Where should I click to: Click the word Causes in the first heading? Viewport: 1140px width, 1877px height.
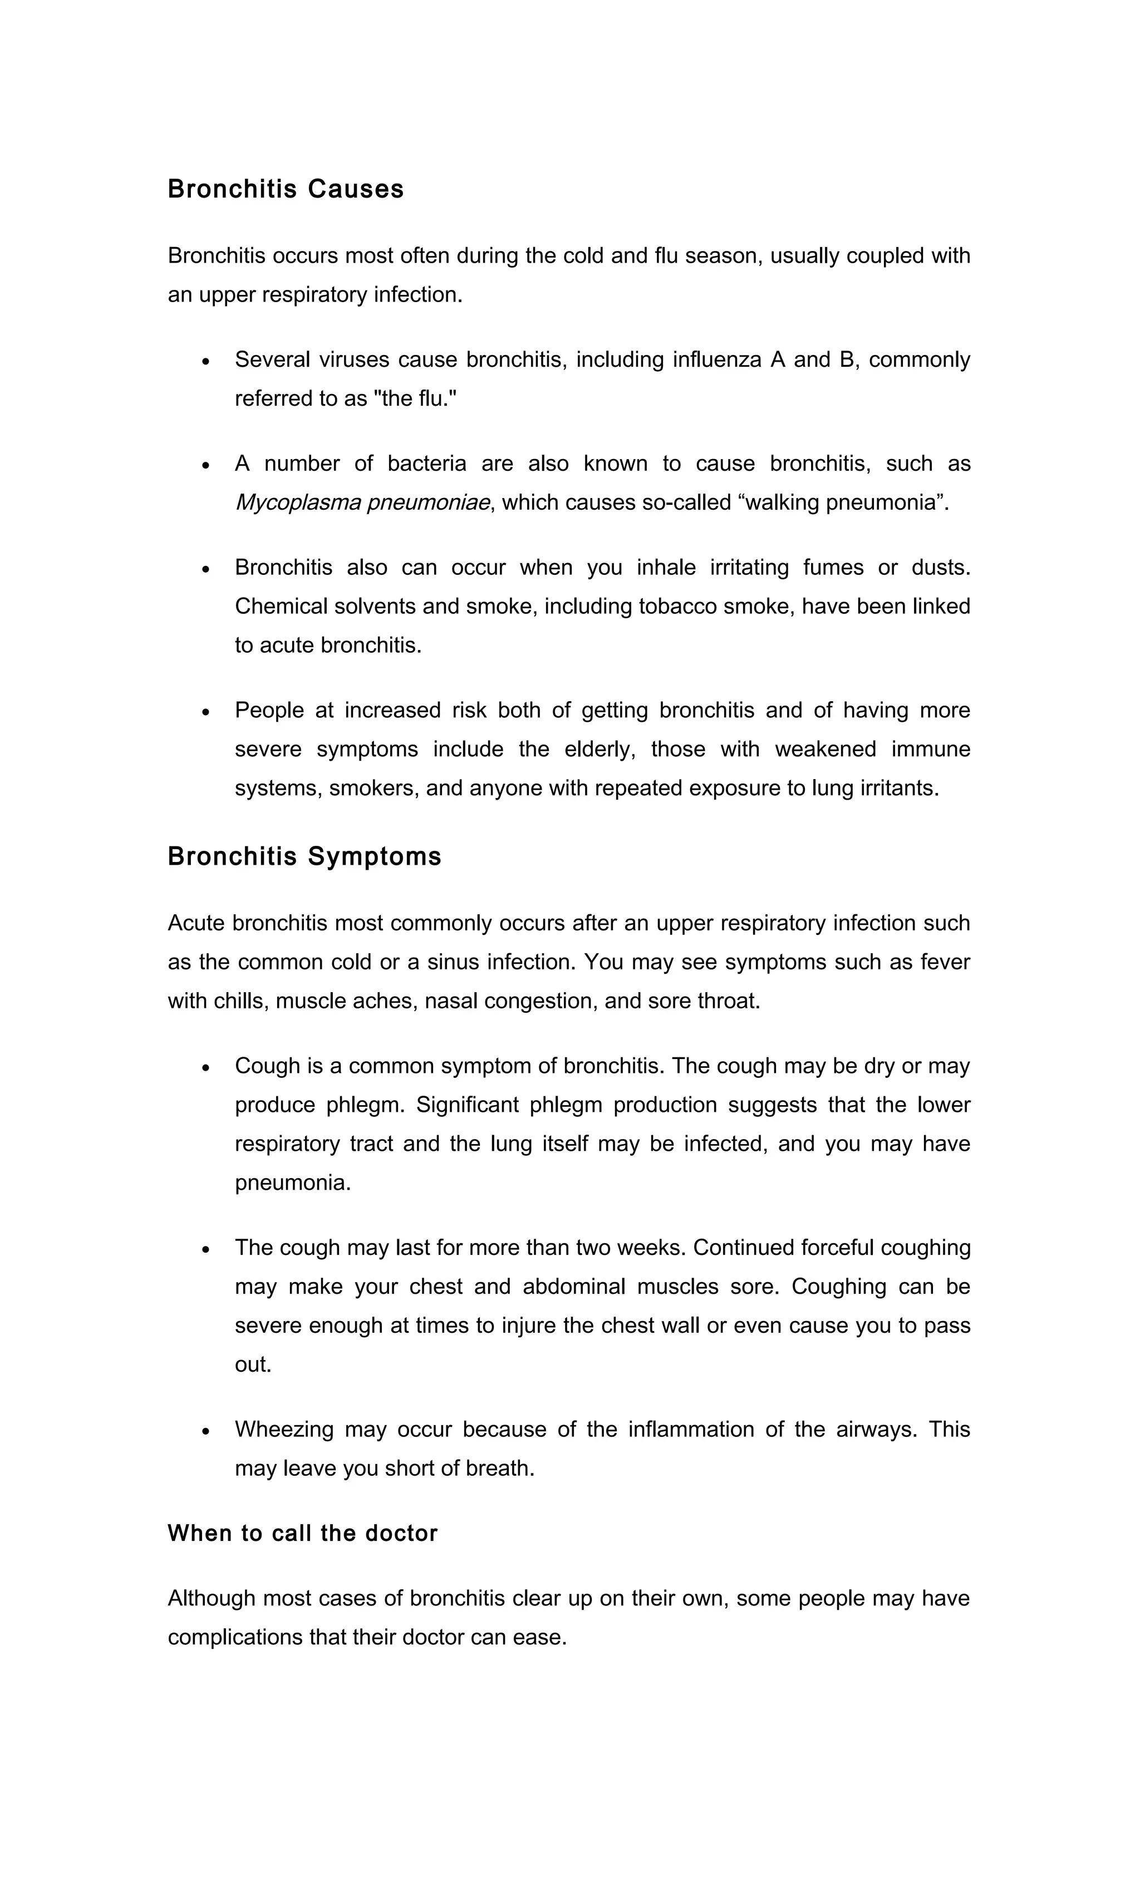point(356,189)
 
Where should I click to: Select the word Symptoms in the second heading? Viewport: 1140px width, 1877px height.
point(374,856)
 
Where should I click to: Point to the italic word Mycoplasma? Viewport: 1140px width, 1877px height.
point(297,502)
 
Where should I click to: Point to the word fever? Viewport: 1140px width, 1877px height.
point(945,962)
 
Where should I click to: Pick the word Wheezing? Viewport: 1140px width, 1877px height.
point(284,1429)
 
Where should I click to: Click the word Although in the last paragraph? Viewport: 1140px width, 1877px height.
point(211,1598)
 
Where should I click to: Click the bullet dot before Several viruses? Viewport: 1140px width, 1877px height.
point(206,361)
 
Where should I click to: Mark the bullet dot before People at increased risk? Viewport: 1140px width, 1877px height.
point(206,712)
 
